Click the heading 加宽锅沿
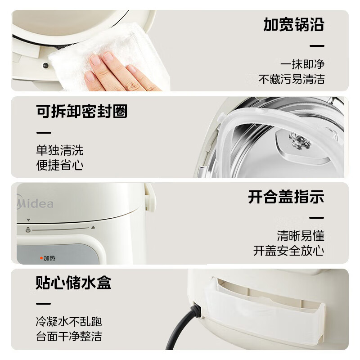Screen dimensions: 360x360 click(x=293, y=25)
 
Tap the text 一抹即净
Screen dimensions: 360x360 click(x=302, y=64)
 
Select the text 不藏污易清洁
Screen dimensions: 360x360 click(x=291, y=79)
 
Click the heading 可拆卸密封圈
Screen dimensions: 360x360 click(x=81, y=111)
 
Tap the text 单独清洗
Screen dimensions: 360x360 click(x=60, y=150)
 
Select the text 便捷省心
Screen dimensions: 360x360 click(x=60, y=165)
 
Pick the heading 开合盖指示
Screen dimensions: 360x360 click(x=286, y=197)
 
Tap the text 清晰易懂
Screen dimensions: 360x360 click(x=301, y=235)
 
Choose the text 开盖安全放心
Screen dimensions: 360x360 click(x=288, y=251)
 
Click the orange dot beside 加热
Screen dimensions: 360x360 click(x=40, y=258)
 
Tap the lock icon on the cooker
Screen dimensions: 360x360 click(x=28, y=230)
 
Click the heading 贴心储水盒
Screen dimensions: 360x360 click(x=73, y=283)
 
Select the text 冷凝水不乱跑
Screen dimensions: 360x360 click(x=69, y=321)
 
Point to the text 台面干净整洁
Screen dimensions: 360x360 click(x=69, y=336)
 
